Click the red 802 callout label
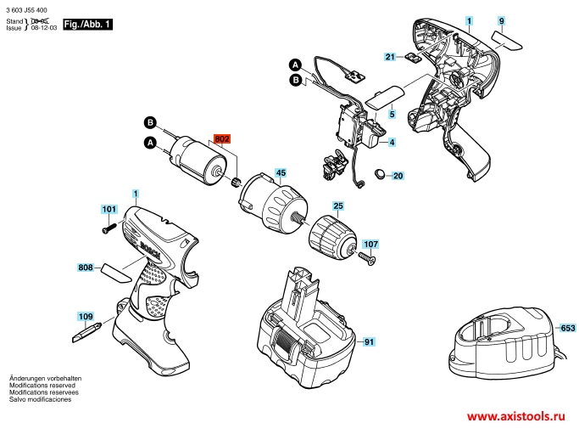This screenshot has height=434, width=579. click(x=222, y=138)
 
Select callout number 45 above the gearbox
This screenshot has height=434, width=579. click(x=281, y=172)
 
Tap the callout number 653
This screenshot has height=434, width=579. click(x=568, y=328)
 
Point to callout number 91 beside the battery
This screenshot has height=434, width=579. click(x=369, y=342)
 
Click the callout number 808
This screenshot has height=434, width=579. click(x=86, y=268)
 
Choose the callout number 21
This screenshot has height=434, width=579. click(x=390, y=57)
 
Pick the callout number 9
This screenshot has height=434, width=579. click(x=501, y=21)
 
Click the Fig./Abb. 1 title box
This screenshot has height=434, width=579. click(x=87, y=25)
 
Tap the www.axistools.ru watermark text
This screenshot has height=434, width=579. click(x=516, y=417)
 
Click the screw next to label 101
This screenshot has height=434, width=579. click(x=109, y=227)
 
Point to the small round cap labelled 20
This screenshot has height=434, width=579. click(x=379, y=174)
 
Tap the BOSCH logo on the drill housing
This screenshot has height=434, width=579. click(x=150, y=251)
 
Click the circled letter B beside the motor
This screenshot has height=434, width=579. click(x=150, y=122)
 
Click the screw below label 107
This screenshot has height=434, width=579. click(x=366, y=258)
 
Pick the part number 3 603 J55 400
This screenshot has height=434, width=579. click(x=26, y=10)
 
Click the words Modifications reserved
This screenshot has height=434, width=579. click(x=42, y=386)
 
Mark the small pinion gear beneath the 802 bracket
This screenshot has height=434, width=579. click(x=236, y=182)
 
